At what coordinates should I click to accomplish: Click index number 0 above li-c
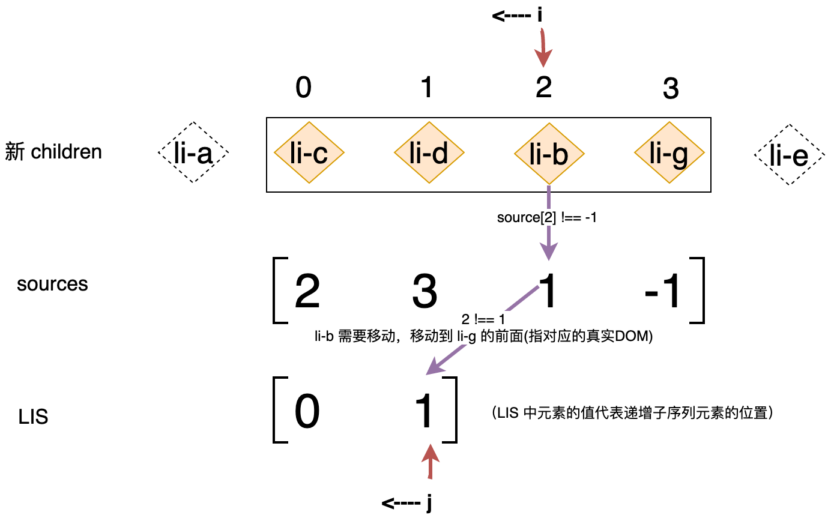click(304, 88)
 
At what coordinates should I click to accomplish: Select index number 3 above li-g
click(670, 89)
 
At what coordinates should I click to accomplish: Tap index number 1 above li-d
click(426, 88)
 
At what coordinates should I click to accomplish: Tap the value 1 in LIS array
click(425, 412)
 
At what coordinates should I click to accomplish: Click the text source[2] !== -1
click(546, 217)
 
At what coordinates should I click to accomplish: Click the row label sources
click(52, 284)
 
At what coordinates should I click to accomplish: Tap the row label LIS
click(33, 417)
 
